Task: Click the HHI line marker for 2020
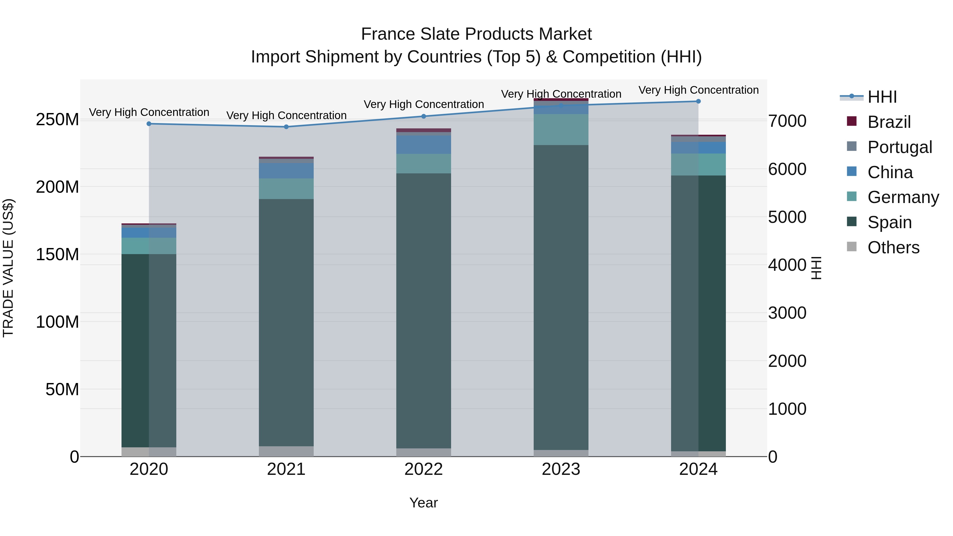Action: click(x=149, y=124)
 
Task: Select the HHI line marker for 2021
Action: click(x=286, y=127)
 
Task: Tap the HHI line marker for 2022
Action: click(x=424, y=116)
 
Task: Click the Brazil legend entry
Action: click(x=889, y=122)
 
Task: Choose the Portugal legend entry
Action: click(x=899, y=147)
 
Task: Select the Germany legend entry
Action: click(x=903, y=197)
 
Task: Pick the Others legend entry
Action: click(x=893, y=247)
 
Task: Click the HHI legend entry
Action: click(x=882, y=97)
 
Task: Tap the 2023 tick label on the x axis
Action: click(x=561, y=469)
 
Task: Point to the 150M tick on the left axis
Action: click(x=57, y=254)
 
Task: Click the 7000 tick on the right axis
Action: click(x=787, y=121)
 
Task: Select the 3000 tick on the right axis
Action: click(x=787, y=313)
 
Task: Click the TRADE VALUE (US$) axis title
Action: click(x=8, y=268)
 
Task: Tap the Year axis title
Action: click(x=424, y=503)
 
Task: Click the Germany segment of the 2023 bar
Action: click(x=561, y=129)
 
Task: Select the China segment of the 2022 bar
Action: click(x=424, y=145)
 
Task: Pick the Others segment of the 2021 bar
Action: click(x=286, y=451)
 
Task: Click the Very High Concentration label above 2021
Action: click(x=286, y=115)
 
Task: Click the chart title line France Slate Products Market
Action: click(x=476, y=34)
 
